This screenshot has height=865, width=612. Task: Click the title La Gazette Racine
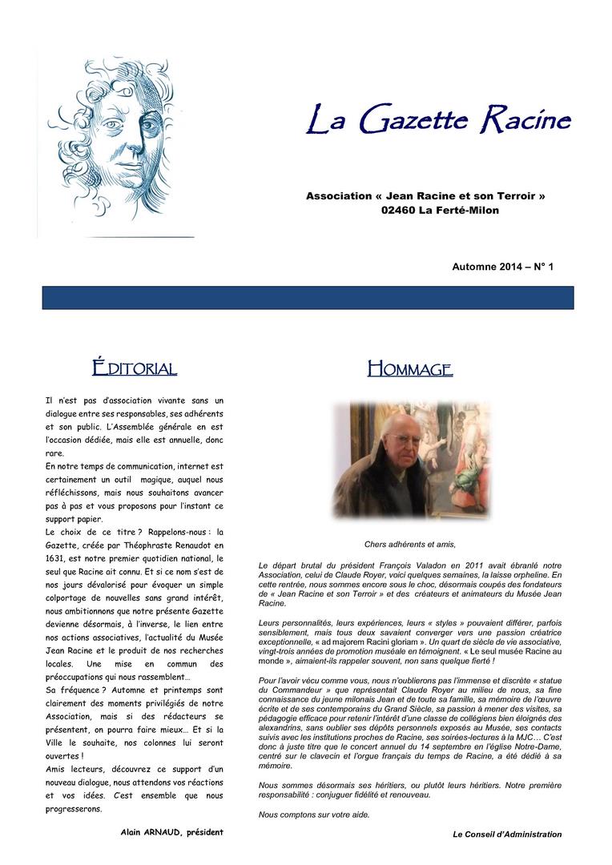click(x=439, y=121)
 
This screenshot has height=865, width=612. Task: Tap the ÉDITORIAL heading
click(x=134, y=368)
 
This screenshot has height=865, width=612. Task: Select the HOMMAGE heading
click(x=409, y=369)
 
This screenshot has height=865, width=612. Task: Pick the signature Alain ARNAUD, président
click(x=171, y=832)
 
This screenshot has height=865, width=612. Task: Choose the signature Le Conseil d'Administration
click(x=507, y=834)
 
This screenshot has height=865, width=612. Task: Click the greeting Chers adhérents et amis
click(x=409, y=544)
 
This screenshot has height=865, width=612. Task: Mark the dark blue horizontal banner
click(x=308, y=298)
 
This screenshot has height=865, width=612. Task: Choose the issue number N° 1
click(x=543, y=266)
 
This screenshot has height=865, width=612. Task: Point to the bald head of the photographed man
click(x=397, y=423)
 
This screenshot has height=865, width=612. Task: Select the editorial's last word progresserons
click(x=74, y=808)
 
